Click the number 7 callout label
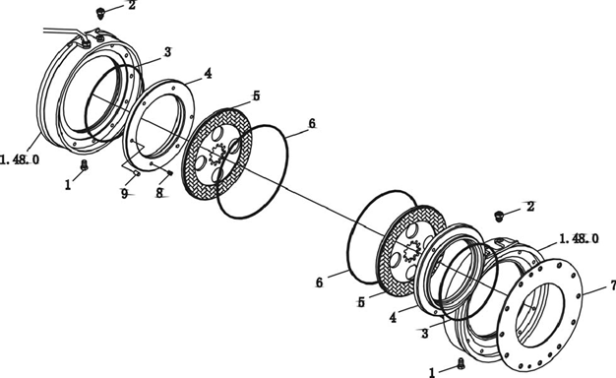(x=613, y=286)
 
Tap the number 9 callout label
(x=125, y=193)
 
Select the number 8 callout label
(x=159, y=193)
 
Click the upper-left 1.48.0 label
(x=20, y=159)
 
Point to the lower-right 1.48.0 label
(x=579, y=238)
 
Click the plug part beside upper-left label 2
(x=100, y=13)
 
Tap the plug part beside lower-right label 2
(x=499, y=216)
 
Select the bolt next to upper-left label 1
(x=84, y=165)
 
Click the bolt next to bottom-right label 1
(x=462, y=364)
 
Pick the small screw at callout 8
(x=170, y=173)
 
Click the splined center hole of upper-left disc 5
(x=216, y=154)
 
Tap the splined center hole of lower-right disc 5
(x=411, y=251)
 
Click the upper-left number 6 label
(x=312, y=123)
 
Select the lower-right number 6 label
(x=319, y=283)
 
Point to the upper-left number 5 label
(x=256, y=95)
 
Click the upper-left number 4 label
(x=208, y=73)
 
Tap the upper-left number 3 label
(x=167, y=52)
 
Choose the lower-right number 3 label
(x=425, y=334)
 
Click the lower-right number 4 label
(x=393, y=318)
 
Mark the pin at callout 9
(x=138, y=173)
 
